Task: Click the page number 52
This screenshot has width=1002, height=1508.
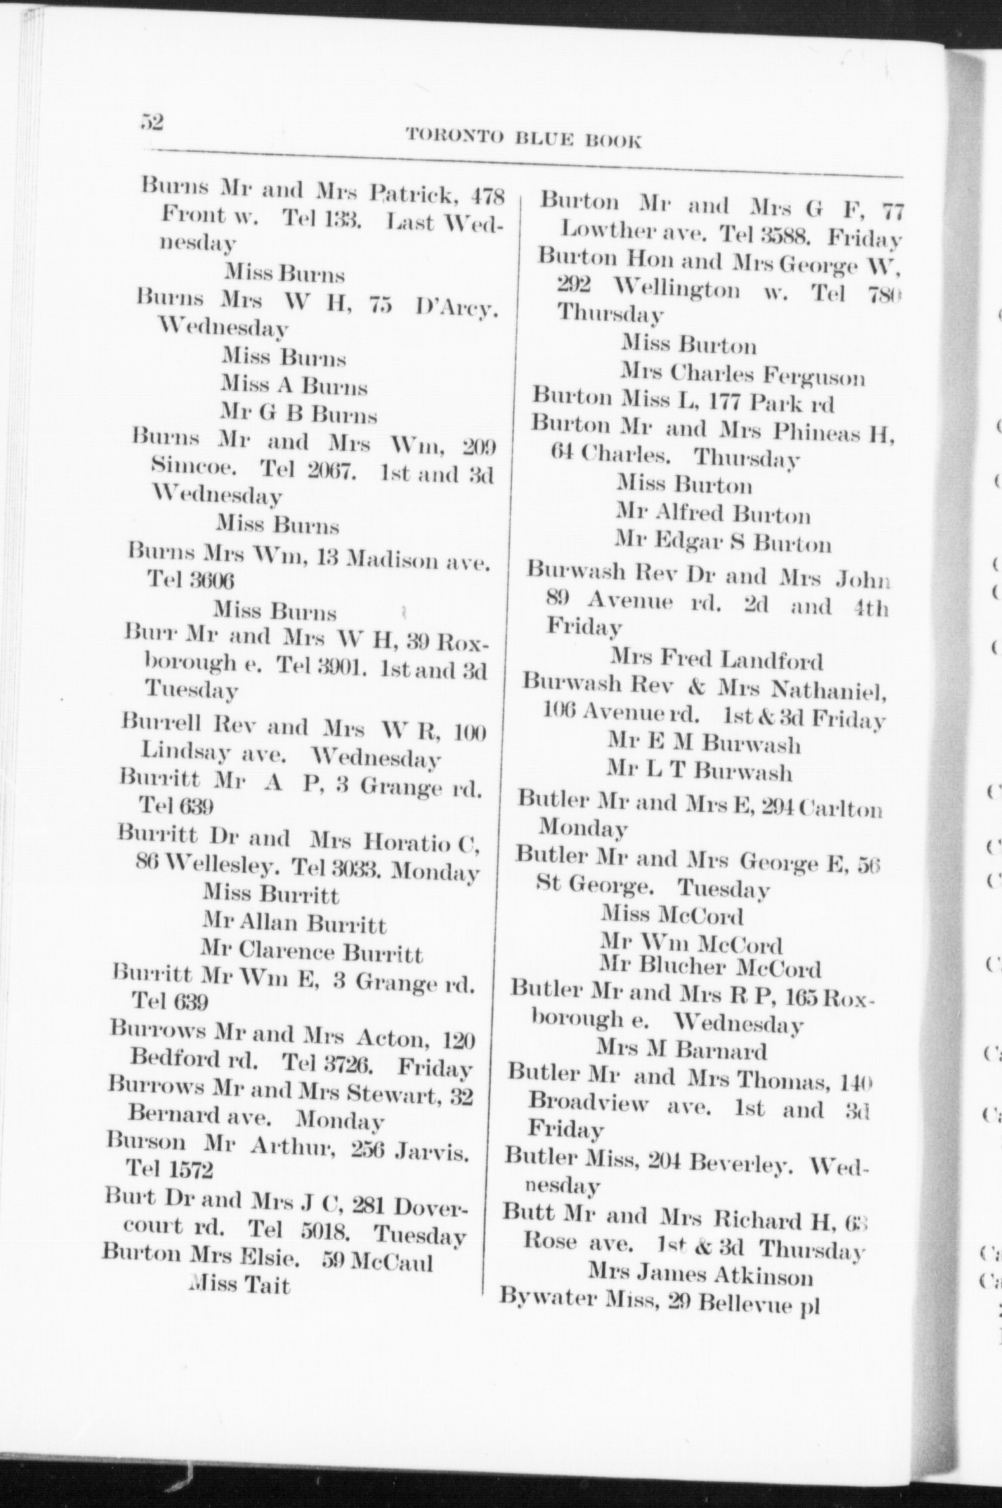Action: pos(152,123)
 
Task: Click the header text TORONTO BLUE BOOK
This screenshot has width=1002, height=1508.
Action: pos(523,139)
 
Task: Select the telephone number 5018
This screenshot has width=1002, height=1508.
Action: pos(322,1231)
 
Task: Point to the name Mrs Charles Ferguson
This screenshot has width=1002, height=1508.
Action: pos(742,374)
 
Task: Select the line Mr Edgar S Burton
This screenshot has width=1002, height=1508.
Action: pos(723,543)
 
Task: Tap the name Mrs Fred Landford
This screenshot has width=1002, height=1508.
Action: pos(716,659)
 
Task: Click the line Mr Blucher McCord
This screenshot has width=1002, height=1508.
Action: pos(710,968)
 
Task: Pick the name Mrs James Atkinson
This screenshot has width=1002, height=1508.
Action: pos(700,1274)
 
